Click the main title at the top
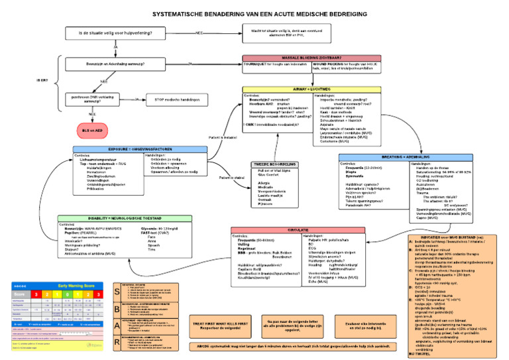[254, 13]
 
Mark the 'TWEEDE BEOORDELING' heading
[273, 164]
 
